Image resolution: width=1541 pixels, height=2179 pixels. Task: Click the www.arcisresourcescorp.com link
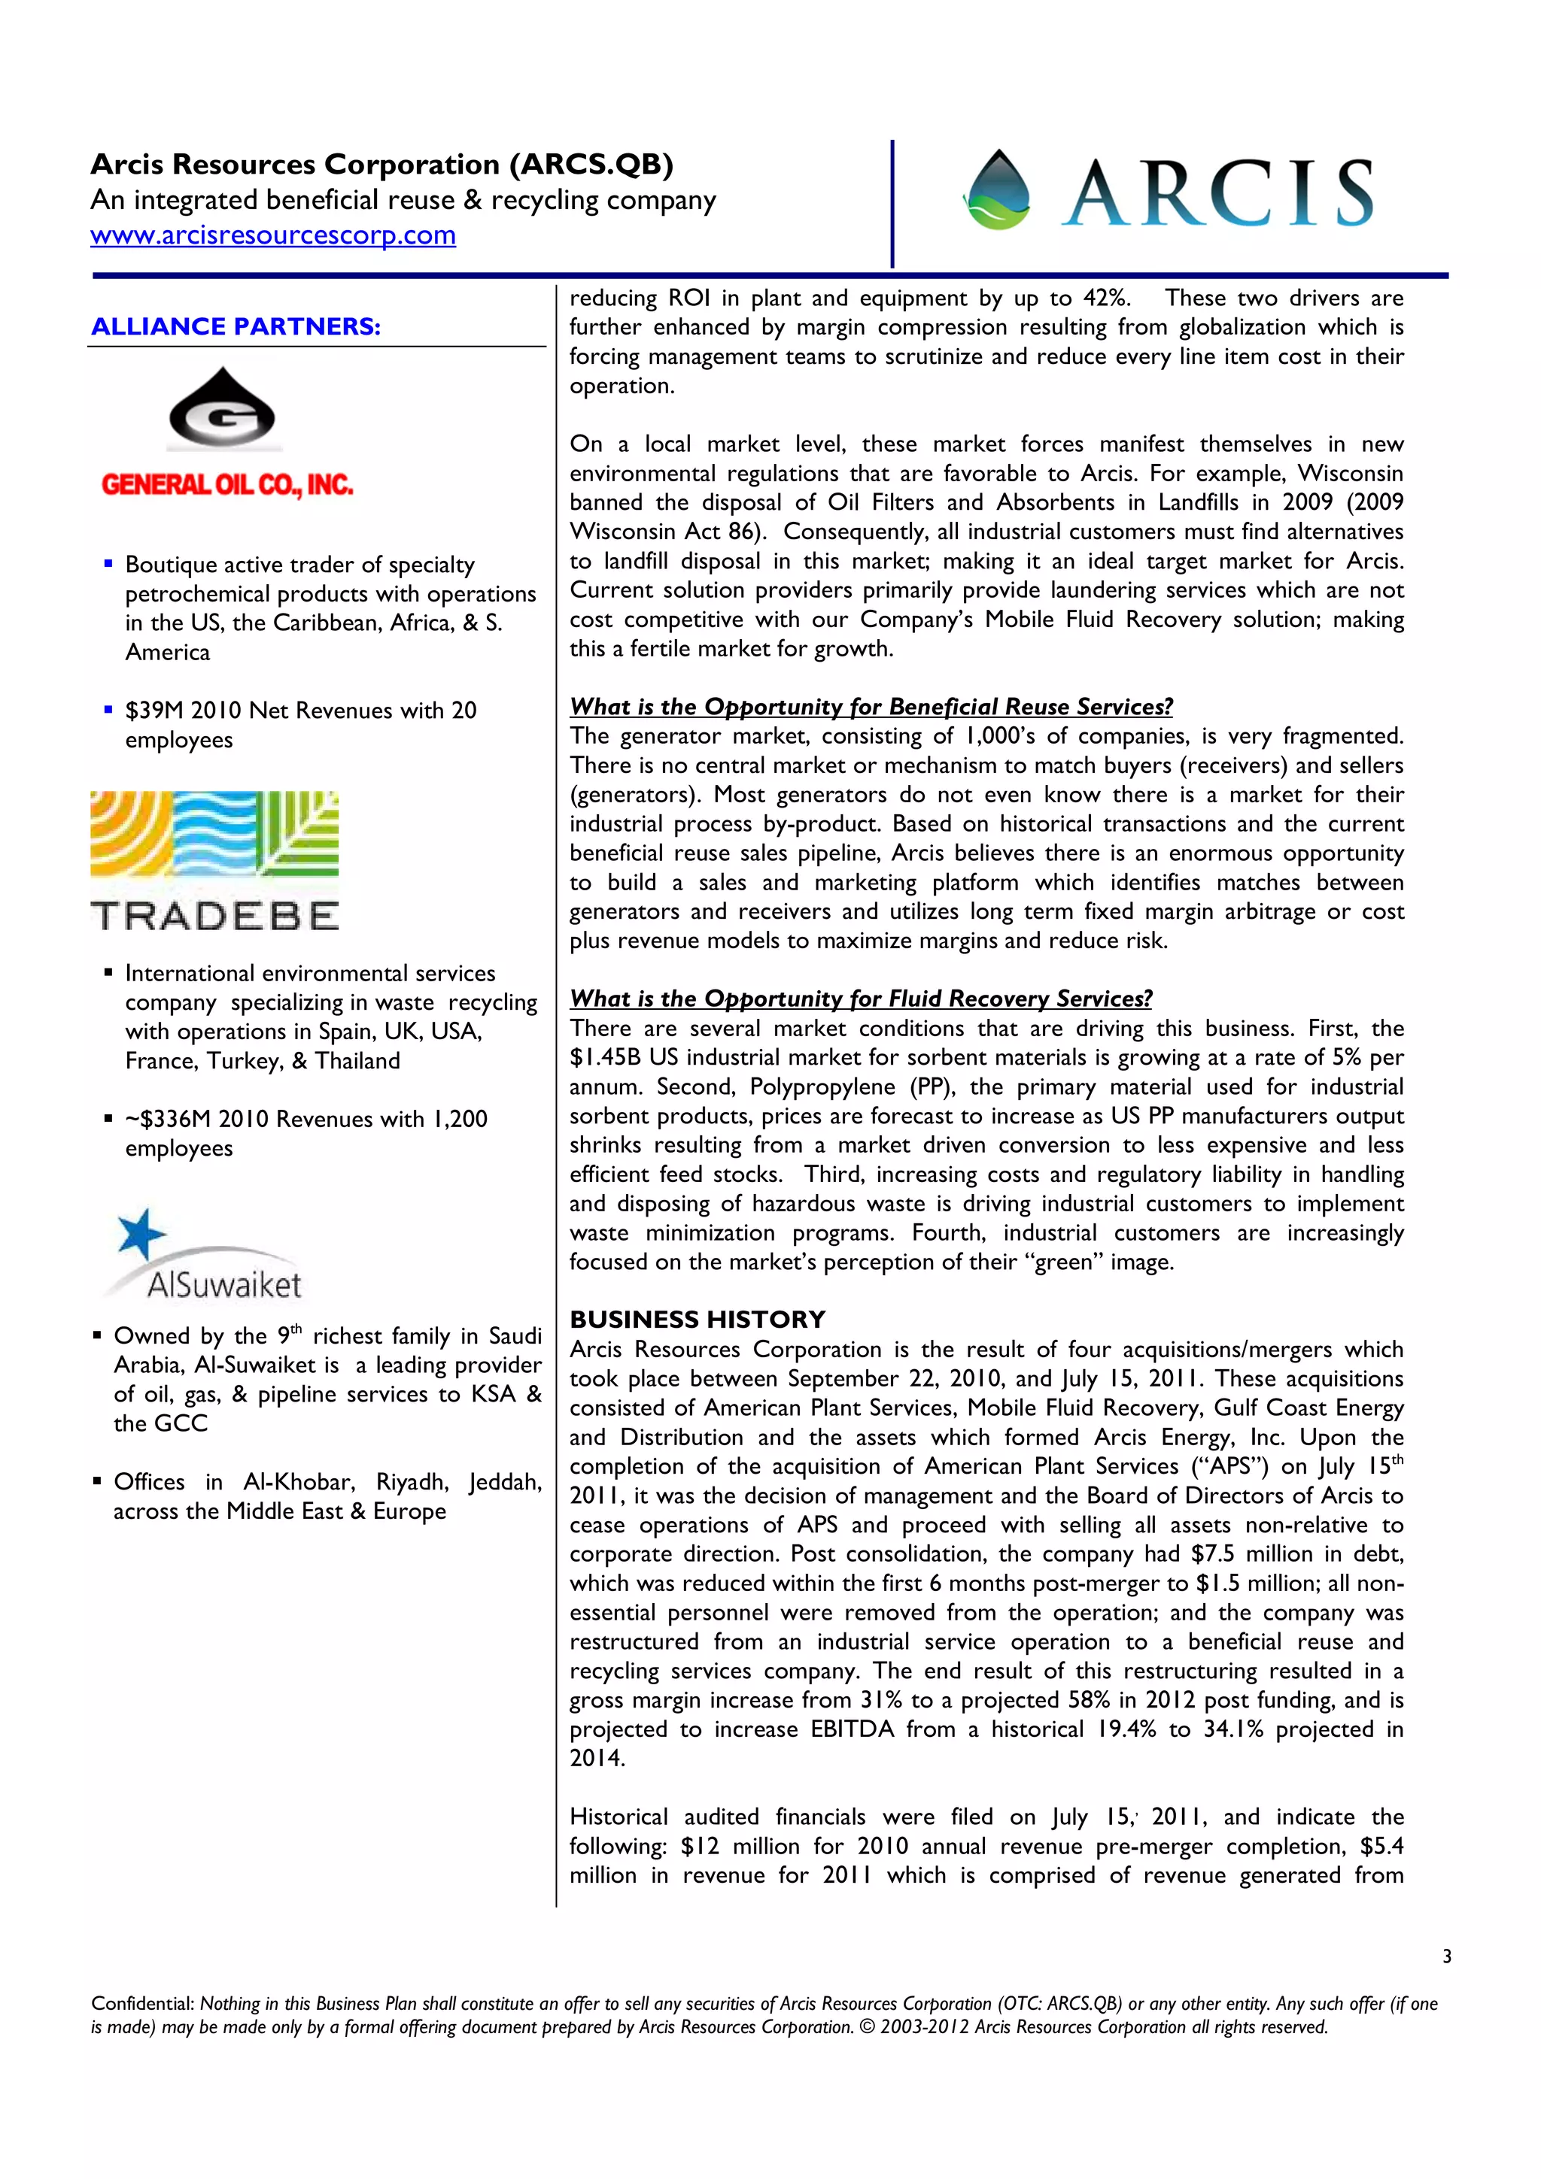point(272,235)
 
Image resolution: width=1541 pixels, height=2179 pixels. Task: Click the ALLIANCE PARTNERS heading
point(236,326)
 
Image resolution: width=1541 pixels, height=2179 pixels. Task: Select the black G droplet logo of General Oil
point(222,408)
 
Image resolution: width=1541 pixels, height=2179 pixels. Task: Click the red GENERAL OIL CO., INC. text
point(227,485)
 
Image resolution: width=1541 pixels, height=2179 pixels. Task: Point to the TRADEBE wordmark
point(214,916)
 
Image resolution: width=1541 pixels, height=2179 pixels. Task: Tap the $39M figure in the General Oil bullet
point(153,710)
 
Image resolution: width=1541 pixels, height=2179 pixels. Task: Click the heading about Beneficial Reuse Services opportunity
point(871,706)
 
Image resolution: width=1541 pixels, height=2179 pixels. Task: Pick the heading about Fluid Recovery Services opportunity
point(860,999)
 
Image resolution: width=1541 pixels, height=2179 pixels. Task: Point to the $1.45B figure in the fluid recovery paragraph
point(604,1057)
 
